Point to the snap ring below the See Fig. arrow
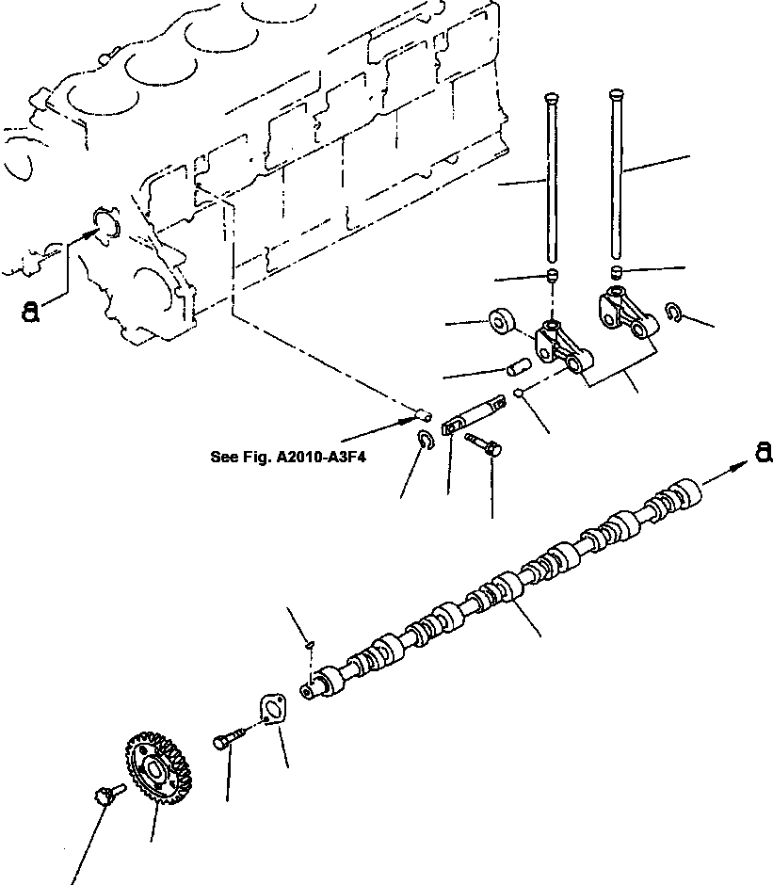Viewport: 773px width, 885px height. (425, 439)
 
